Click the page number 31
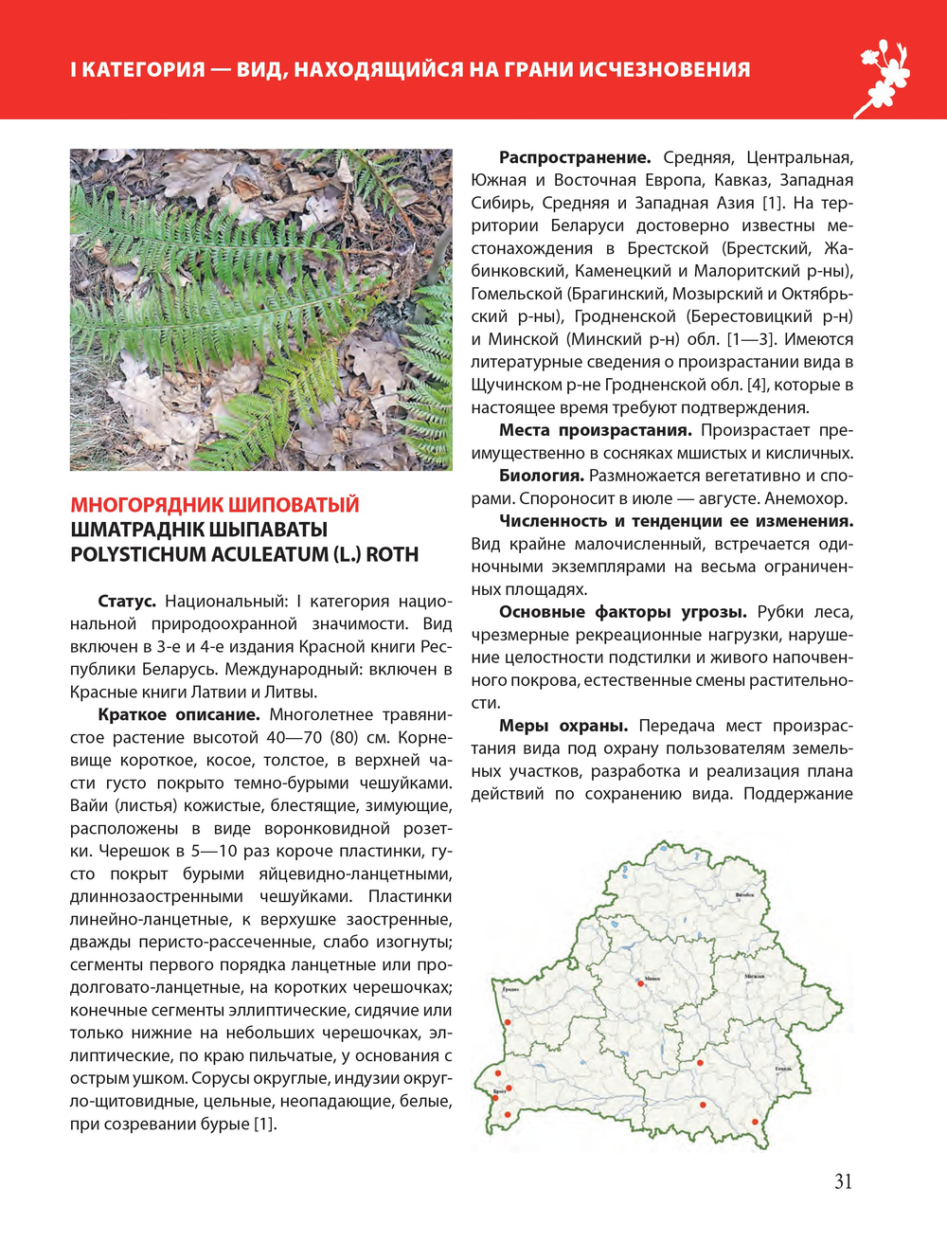[843, 1181]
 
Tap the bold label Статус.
[127, 602]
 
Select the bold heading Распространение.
[575, 157]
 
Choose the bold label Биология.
[541, 476]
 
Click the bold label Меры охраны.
[563, 726]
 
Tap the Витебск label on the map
[746, 895]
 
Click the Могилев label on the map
[754, 976]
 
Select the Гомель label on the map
[783, 1069]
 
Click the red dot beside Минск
[641, 983]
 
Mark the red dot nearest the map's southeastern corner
[755, 1123]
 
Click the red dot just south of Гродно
[508, 1022]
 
